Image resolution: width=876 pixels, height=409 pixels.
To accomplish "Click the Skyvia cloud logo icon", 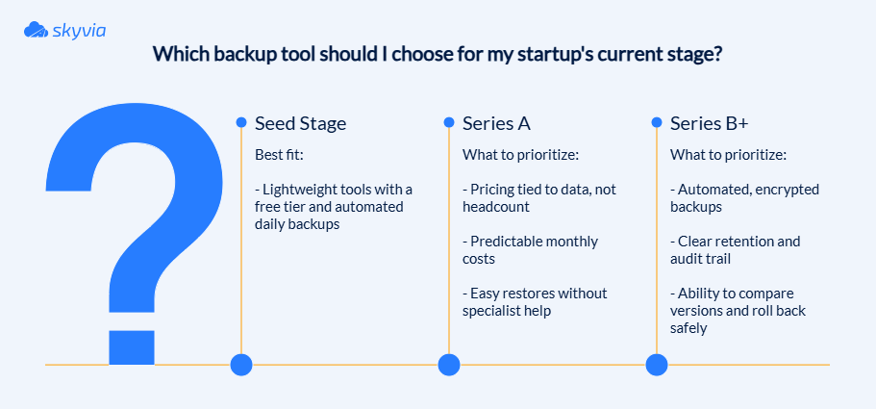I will point(36,30).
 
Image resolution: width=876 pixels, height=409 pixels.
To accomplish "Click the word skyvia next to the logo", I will point(79,30).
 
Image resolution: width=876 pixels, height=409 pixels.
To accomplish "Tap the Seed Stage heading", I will point(300,123).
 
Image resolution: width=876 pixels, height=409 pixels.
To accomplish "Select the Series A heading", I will point(496,123).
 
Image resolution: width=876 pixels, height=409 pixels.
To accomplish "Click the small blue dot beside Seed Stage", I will point(241,122).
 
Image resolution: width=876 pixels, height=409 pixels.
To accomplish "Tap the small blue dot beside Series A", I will point(449,122).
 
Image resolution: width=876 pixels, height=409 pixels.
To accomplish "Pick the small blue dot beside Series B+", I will point(657,122).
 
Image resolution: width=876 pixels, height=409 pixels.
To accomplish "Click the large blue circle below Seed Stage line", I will point(241,365).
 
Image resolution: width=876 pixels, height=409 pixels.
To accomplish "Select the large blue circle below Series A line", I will point(449,365).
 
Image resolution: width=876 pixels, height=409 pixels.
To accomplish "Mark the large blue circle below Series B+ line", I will point(657,365).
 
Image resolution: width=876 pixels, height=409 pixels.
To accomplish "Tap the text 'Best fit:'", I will point(279,155).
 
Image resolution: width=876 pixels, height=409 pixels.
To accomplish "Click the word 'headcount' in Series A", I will point(492,207).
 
